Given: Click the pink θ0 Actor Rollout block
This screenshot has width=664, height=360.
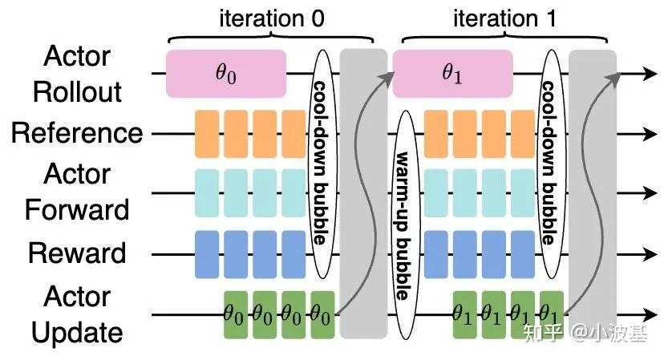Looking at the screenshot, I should tap(225, 74).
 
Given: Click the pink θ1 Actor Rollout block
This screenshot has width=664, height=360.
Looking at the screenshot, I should tap(452, 74).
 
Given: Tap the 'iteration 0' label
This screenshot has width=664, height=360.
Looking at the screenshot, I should tap(272, 20).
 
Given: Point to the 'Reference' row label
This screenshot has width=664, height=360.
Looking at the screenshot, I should tap(76, 133).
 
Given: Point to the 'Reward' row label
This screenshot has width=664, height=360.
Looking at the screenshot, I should tap(77, 253).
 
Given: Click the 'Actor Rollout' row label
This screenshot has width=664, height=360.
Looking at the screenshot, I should tap(77, 75).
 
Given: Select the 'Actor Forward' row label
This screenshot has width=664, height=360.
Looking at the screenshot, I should tap(77, 192).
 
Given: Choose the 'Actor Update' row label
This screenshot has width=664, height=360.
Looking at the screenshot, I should tap(77, 314).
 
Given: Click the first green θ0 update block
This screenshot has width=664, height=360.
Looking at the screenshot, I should tap(235, 313).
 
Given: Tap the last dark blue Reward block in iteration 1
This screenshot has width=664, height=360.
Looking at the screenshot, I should tap(521, 253).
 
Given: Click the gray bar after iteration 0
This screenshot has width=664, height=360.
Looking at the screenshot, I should tap(363, 192).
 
